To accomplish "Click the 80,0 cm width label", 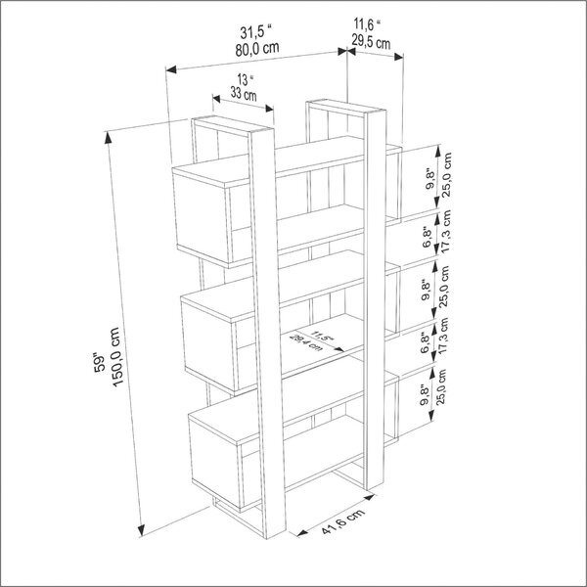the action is [x=257, y=49].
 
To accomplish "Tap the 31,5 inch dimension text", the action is [x=255, y=32].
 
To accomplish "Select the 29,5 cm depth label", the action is [x=371, y=41].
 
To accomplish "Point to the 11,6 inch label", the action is [x=367, y=24].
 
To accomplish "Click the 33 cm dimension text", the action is [x=244, y=94].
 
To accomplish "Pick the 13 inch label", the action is [x=246, y=79].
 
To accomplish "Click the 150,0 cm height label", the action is [x=115, y=357].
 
